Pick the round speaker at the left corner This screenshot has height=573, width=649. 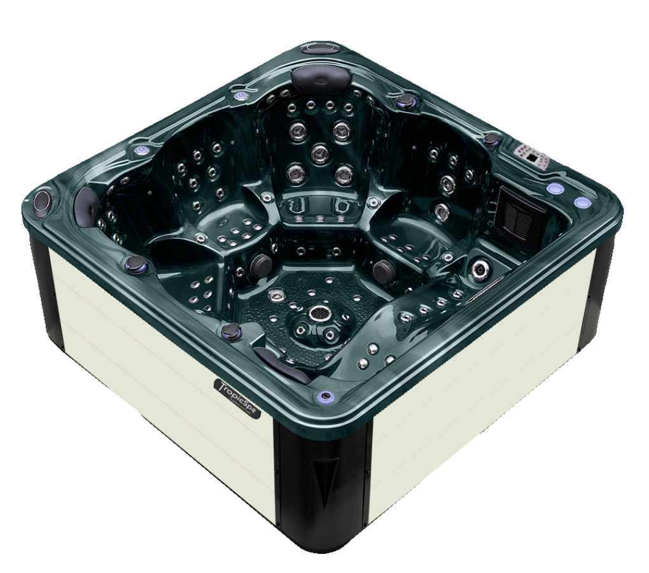43,200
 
